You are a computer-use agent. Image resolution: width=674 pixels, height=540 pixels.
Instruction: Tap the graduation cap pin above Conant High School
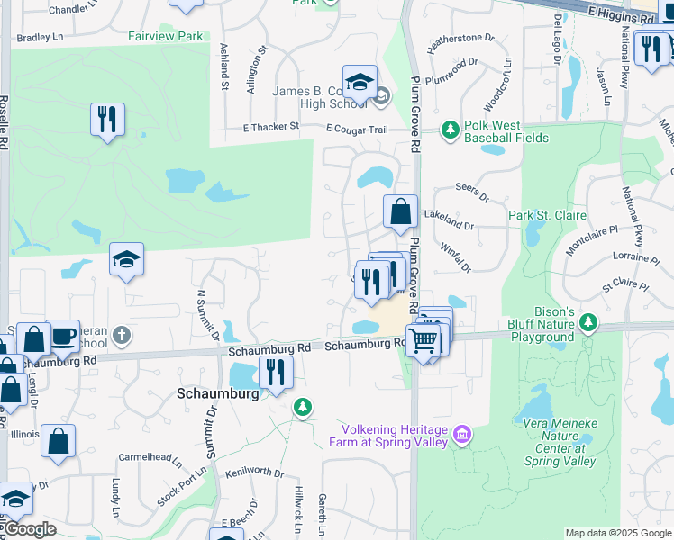[x=360, y=83]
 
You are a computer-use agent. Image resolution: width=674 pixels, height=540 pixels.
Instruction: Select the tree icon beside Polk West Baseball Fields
[x=450, y=131]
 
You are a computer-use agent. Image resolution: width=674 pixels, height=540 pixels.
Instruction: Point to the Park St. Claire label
[x=547, y=215]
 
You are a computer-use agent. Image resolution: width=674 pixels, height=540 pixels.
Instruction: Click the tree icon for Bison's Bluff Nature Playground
[x=588, y=321]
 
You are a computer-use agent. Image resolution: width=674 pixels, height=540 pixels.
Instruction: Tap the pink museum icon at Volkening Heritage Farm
[x=462, y=436]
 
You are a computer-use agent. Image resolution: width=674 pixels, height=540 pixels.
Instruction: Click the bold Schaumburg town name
[x=218, y=393]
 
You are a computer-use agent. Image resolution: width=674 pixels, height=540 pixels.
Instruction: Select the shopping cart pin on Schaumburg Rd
[x=423, y=341]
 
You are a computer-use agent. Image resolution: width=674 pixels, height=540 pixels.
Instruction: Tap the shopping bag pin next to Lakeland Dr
[x=400, y=212]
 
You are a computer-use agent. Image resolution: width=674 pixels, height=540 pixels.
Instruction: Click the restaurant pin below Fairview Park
[x=107, y=120]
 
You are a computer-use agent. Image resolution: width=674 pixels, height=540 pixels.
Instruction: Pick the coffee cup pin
[x=63, y=336]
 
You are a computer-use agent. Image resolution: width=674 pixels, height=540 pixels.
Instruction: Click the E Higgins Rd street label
[x=621, y=16]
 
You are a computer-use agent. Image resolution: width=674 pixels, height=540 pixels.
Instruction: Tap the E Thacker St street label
[x=271, y=128]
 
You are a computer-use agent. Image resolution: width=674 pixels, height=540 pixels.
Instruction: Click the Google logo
[x=29, y=529]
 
